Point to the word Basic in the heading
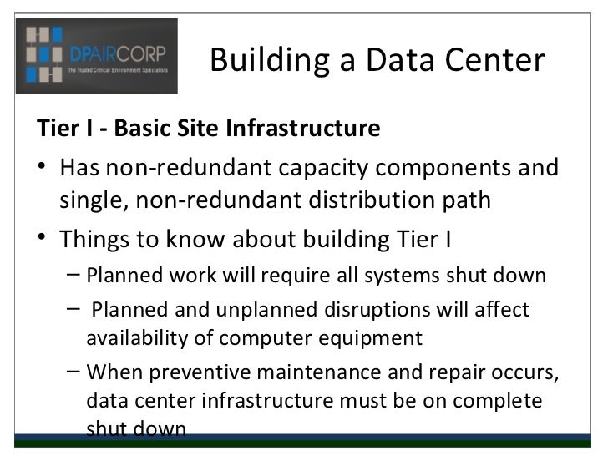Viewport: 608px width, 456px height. coord(140,130)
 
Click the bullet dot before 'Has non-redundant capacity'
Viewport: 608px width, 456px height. coord(43,169)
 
